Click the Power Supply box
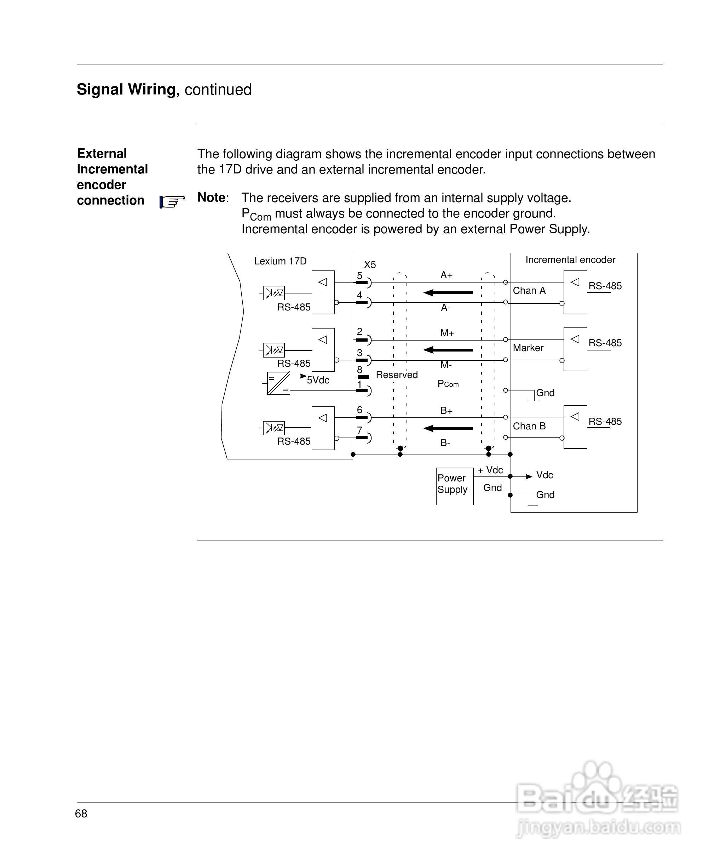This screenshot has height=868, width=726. pyautogui.click(x=454, y=486)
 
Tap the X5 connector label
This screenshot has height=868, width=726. pyautogui.click(x=370, y=264)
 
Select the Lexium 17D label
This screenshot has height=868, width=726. pyautogui.click(x=280, y=261)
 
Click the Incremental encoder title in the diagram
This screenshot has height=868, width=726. pyautogui.click(x=570, y=259)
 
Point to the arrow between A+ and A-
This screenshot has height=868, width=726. pyautogui.click(x=448, y=293)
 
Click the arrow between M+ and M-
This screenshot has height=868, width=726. pyautogui.click(x=448, y=350)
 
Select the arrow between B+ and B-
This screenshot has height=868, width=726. pyautogui.click(x=448, y=428)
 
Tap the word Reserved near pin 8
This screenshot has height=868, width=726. pyautogui.click(x=397, y=375)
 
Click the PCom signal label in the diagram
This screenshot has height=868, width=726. pyautogui.click(x=448, y=384)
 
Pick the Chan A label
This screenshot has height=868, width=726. pyautogui.click(x=529, y=291)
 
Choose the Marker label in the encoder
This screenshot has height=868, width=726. pyautogui.click(x=528, y=348)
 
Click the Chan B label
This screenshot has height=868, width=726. pyautogui.click(x=529, y=426)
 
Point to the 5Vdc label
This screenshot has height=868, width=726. pyautogui.click(x=318, y=380)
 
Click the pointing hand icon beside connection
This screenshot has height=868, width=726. pyautogui.click(x=172, y=202)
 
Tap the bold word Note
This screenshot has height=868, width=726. pyautogui.click(x=212, y=198)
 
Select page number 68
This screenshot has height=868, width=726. pyautogui.click(x=81, y=813)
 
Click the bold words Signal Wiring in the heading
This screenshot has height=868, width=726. pyautogui.click(x=126, y=89)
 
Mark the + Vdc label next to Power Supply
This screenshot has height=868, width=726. pyautogui.click(x=490, y=470)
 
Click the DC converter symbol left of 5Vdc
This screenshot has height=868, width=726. pyautogui.click(x=278, y=383)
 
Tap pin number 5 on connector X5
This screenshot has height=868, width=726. pyautogui.click(x=359, y=275)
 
